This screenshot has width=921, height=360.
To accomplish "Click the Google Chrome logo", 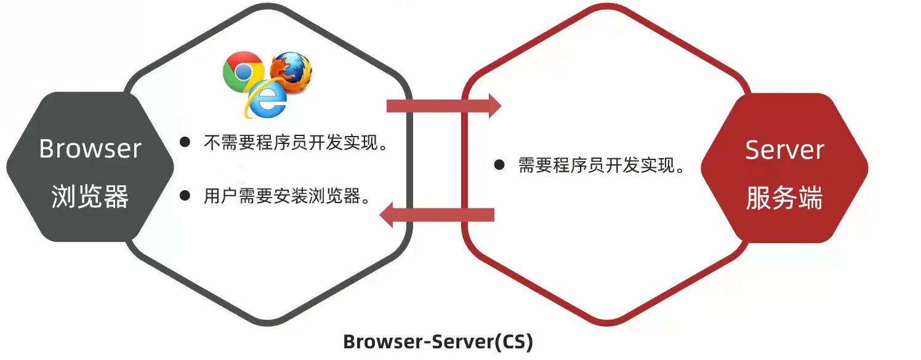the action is point(243,71).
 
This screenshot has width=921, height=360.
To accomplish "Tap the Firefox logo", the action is point(291,72).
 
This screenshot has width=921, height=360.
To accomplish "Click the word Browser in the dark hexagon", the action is point(90,148).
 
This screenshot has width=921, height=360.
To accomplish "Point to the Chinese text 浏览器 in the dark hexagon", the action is point(90,196).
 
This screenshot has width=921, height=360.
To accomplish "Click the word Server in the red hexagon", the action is point(784,150).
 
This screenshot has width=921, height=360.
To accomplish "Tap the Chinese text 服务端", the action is point(784,198).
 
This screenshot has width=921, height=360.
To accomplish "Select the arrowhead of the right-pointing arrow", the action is point(494,106).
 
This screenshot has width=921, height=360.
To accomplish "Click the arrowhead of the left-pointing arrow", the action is point(386,215).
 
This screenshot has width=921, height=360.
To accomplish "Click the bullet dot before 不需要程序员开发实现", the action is point(185,142).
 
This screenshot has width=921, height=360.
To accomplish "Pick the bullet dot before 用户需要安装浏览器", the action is point(185,195).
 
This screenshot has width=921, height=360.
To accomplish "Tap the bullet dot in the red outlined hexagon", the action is point(499,165).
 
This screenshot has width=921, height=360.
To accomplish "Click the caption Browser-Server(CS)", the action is point(438,342).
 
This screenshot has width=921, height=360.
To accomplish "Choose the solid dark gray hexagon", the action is point(90,166).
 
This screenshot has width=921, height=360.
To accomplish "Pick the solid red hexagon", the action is point(784,167).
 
